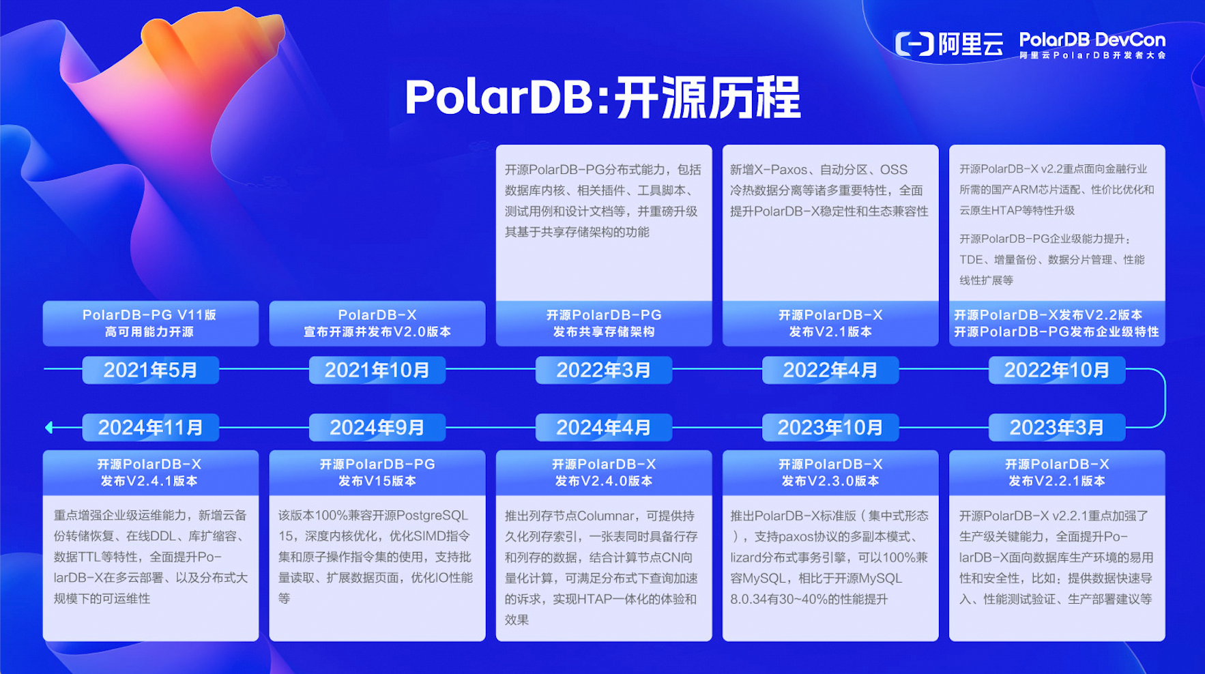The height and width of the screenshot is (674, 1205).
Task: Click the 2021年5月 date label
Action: (x=150, y=370)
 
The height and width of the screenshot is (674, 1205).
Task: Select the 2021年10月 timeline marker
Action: (x=377, y=370)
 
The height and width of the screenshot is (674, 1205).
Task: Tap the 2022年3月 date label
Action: (x=603, y=370)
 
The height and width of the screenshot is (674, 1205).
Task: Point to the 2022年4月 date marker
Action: (x=830, y=370)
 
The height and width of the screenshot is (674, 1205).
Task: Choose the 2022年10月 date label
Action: (x=1056, y=370)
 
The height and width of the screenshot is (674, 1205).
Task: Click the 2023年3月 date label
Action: (x=1056, y=428)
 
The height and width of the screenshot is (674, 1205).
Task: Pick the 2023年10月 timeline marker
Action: (x=830, y=428)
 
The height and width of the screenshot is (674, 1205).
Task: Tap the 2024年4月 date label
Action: (x=603, y=428)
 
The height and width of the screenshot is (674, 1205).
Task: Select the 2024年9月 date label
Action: (x=377, y=428)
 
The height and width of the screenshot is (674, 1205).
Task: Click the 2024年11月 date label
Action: (x=150, y=428)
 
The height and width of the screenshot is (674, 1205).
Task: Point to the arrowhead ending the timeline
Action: (x=49, y=428)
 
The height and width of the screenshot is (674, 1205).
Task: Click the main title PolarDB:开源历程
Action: (x=602, y=98)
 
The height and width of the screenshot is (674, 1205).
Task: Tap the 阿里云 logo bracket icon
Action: (x=914, y=44)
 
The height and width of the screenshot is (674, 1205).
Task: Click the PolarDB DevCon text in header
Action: (x=1092, y=40)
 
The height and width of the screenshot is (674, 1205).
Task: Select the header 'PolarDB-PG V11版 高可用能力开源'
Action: (x=150, y=323)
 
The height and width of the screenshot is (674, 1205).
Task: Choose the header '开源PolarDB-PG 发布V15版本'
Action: (x=377, y=472)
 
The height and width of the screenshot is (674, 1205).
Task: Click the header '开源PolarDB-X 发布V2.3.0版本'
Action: (x=830, y=472)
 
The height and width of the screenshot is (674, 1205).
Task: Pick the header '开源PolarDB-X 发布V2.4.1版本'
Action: (x=150, y=472)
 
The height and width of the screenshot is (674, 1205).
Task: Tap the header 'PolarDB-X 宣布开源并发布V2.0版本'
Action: (x=377, y=323)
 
